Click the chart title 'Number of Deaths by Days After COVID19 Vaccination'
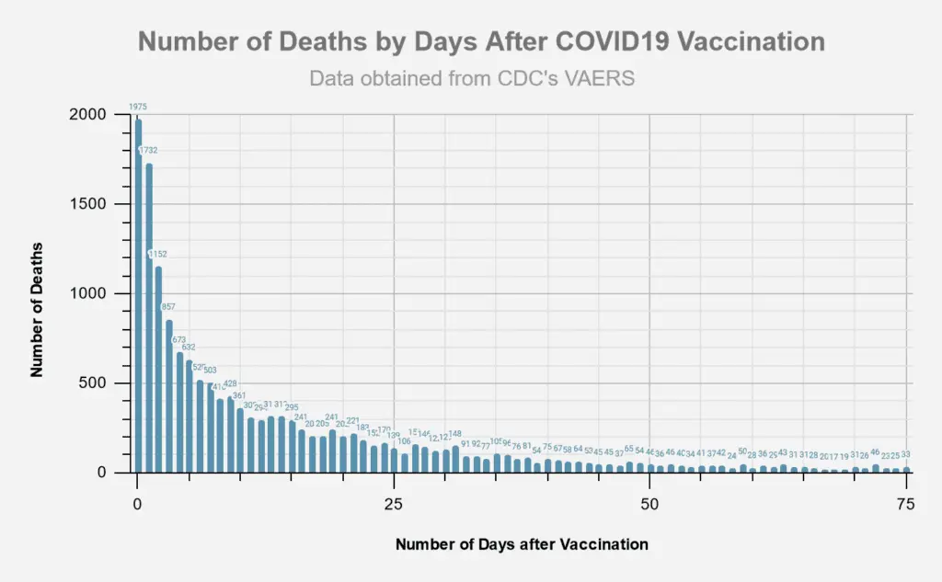click(x=481, y=41)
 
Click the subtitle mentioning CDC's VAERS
click(x=472, y=78)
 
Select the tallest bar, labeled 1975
click(x=138, y=294)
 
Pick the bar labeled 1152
click(x=158, y=368)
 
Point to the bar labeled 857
click(x=168, y=395)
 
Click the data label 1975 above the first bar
click(x=138, y=107)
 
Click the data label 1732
click(x=148, y=150)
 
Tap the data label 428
click(x=230, y=383)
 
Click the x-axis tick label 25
click(x=394, y=504)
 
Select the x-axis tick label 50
click(x=649, y=504)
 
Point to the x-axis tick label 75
click(x=905, y=504)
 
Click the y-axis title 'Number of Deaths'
click(x=38, y=309)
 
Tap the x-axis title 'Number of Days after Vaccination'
click(x=522, y=544)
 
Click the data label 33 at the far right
click(x=905, y=454)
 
